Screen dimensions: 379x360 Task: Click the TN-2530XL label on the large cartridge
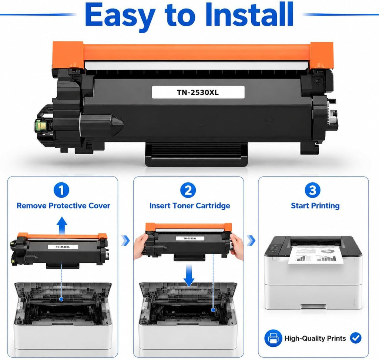coord(198,92)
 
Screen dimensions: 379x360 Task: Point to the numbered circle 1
coord(61,190)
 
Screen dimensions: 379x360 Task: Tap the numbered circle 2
coord(188,190)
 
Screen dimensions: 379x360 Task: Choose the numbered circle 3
coord(313,190)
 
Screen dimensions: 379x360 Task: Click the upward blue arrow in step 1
coord(62,225)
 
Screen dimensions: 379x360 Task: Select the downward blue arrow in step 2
coord(189,275)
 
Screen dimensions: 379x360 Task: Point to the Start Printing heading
coord(315,206)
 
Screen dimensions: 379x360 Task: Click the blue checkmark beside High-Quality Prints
coord(356,338)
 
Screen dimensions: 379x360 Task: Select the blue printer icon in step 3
coord(273,338)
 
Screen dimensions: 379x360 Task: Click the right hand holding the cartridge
coord(237,248)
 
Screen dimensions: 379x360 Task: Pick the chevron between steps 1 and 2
coord(125,240)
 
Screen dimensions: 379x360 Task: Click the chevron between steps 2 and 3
coord(252,240)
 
